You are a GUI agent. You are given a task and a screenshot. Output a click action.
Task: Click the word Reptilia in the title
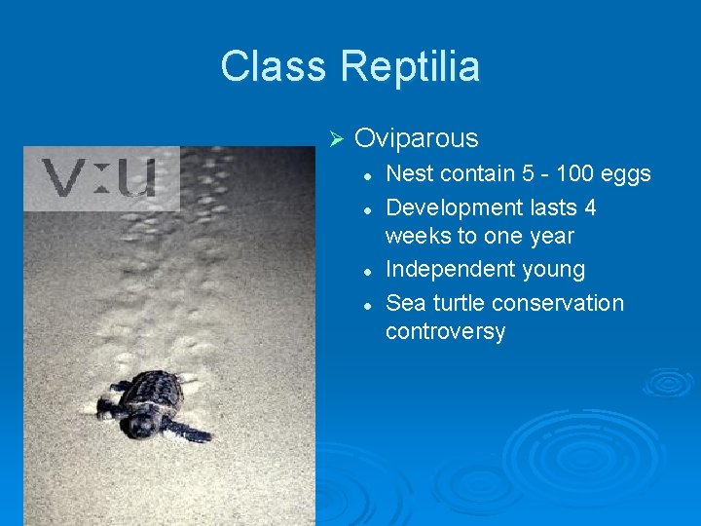tap(410, 66)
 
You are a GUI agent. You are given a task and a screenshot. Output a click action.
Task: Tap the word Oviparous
tap(417, 138)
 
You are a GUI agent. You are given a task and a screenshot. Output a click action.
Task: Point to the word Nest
tap(408, 174)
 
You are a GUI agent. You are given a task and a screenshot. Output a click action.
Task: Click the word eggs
tap(626, 174)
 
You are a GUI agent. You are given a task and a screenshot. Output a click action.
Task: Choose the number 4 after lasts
tap(590, 207)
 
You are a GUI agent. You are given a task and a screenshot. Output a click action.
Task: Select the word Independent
tap(445, 270)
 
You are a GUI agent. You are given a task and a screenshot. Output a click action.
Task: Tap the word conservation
tap(561, 303)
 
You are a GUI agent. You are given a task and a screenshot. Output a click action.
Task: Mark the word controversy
tap(445, 332)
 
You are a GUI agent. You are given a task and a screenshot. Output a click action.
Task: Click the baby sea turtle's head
tap(142, 425)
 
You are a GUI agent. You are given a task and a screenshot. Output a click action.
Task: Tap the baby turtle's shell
tap(156, 394)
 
